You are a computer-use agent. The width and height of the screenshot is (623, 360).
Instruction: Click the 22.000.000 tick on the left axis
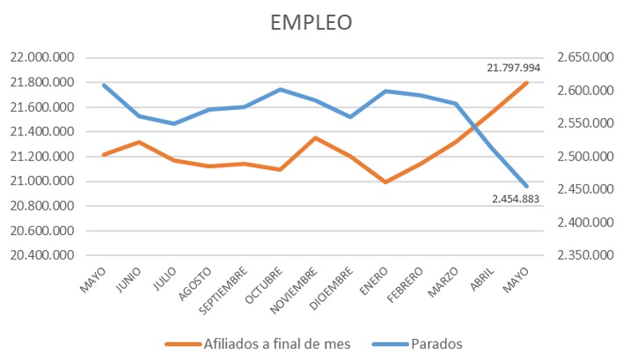[40, 58]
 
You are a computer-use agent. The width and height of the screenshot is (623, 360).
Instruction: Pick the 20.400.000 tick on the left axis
[40, 255]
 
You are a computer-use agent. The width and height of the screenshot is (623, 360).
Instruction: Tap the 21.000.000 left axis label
[40, 181]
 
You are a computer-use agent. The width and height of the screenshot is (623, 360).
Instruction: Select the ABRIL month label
[480, 276]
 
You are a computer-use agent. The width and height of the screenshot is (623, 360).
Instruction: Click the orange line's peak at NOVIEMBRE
[315, 137]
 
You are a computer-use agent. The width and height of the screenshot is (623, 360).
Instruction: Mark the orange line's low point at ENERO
[385, 182]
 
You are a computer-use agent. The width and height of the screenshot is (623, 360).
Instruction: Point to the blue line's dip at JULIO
[174, 123]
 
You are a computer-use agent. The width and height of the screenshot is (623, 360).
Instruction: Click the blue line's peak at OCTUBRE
[280, 89]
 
